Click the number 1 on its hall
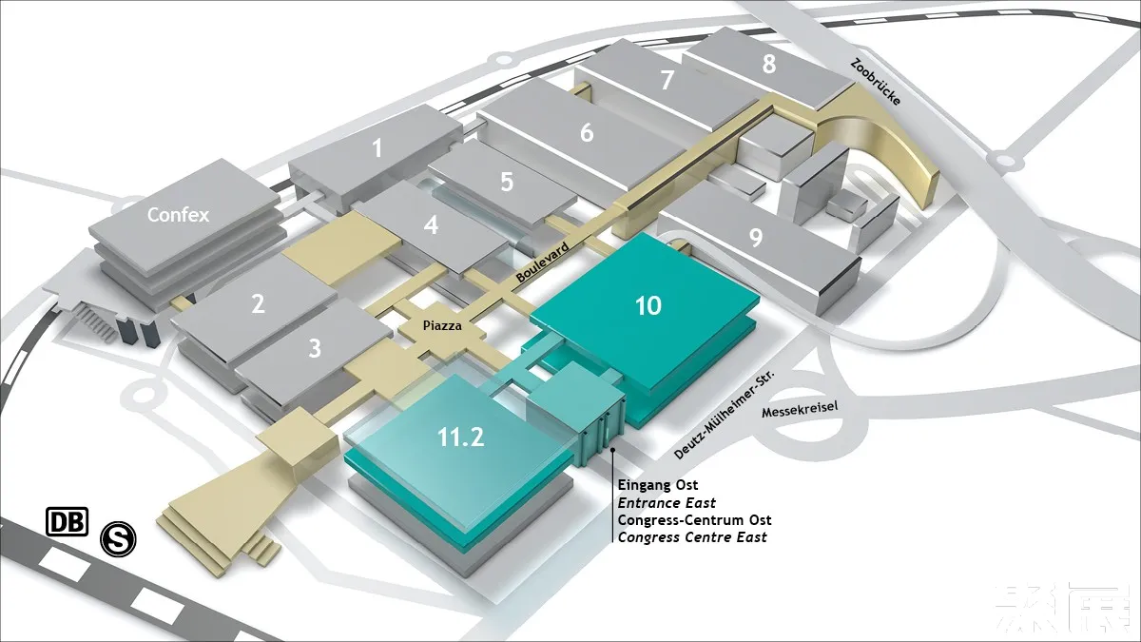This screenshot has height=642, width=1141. (377, 148)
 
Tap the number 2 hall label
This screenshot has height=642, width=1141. (258, 304)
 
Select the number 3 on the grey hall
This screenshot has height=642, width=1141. (315, 348)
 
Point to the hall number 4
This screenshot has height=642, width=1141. (432, 225)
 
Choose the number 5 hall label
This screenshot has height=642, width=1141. (507, 181)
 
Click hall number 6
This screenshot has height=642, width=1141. (587, 132)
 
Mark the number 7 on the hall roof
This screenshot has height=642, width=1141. (667, 81)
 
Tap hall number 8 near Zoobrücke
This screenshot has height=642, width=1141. (768, 64)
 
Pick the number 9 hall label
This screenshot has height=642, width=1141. (756, 237)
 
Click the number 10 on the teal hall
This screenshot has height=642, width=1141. (648, 305)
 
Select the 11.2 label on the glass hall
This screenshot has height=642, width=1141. (461, 437)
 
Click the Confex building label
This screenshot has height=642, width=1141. (178, 215)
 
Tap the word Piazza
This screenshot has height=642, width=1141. (443, 325)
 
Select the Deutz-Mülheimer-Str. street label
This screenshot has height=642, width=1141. (725, 415)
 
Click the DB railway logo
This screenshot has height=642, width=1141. (67, 521)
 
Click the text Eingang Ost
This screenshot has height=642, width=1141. (658, 485)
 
